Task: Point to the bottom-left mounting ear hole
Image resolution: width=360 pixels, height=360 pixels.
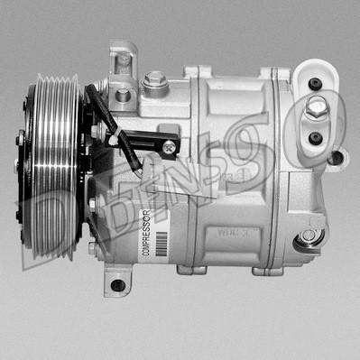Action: [116, 285]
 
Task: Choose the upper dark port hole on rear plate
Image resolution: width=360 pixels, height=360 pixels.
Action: [315, 84]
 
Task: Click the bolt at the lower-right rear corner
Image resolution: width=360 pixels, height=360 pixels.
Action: [309, 235]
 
